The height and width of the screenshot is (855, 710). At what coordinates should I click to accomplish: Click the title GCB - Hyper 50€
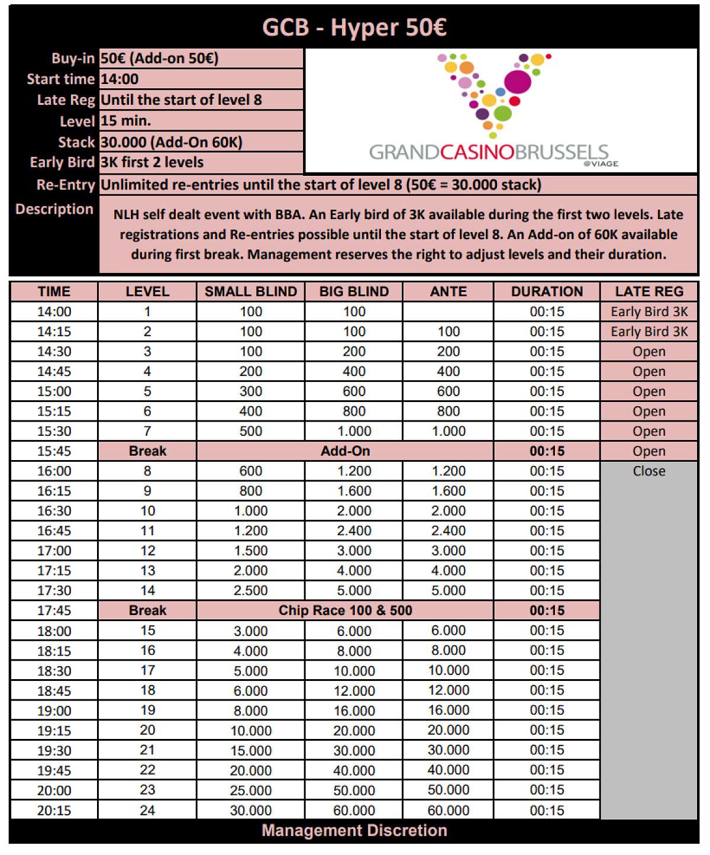click(354, 28)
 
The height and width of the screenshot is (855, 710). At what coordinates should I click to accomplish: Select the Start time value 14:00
click(120, 79)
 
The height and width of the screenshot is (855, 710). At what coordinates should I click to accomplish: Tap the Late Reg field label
click(66, 100)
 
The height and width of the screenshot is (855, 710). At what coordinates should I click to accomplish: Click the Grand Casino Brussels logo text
click(489, 153)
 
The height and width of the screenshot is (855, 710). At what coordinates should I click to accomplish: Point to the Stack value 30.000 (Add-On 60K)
click(172, 142)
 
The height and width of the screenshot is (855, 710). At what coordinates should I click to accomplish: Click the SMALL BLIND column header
click(250, 291)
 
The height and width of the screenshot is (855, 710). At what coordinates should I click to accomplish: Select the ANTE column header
click(448, 291)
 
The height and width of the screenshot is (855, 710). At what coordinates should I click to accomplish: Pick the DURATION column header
click(547, 291)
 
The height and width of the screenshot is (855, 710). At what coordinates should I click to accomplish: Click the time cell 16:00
click(54, 471)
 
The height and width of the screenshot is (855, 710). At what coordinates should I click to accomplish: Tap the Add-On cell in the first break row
click(345, 451)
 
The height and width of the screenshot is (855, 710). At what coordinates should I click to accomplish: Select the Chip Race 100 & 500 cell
click(345, 610)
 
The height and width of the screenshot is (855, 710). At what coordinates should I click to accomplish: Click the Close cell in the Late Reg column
click(648, 471)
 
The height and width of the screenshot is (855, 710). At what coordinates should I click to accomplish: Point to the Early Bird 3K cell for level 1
click(648, 311)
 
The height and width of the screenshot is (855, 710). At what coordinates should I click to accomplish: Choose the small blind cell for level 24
click(250, 811)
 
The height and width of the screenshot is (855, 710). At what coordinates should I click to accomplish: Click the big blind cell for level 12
click(354, 551)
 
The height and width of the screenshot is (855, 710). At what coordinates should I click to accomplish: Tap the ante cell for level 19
click(448, 711)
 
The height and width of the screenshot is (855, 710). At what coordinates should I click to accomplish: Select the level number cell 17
click(147, 670)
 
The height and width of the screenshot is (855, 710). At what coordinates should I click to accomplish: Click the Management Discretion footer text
click(354, 831)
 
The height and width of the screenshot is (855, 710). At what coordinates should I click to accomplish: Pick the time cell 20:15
click(54, 811)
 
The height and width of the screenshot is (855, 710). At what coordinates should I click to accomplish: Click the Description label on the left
click(54, 209)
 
